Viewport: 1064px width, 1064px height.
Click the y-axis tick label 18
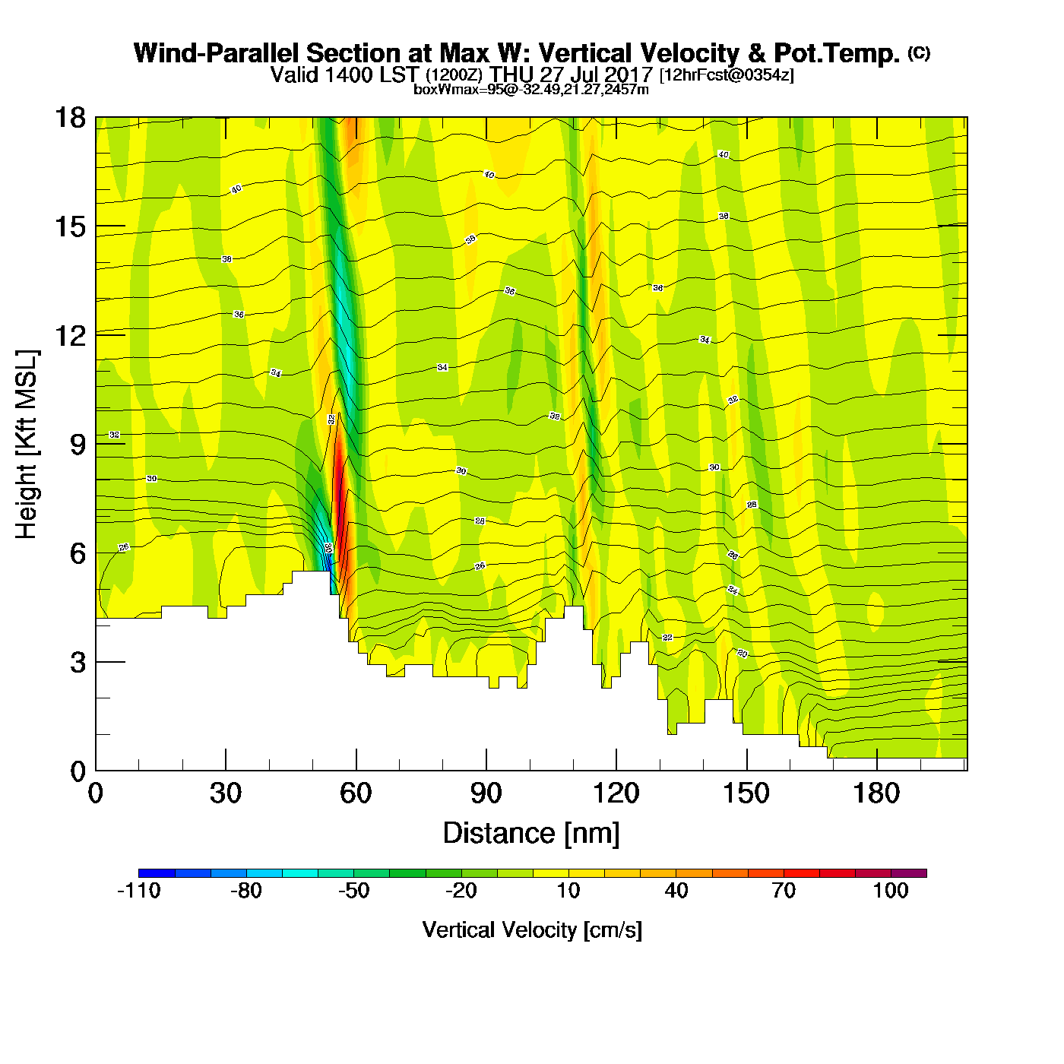(x=70, y=118)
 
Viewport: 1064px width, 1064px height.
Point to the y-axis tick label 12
(x=70, y=335)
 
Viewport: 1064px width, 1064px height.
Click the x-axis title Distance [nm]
(x=531, y=834)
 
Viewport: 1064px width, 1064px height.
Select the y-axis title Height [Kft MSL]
(x=27, y=445)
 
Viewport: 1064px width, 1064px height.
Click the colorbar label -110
(x=139, y=891)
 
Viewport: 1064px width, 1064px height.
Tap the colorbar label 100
(x=891, y=891)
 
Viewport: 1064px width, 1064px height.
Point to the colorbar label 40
(x=676, y=891)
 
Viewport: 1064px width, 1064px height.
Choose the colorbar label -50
(x=353, y=891)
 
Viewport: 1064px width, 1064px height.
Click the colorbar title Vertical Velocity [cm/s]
(x=532, y=929)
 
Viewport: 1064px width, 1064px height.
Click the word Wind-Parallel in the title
(x=217, y=53)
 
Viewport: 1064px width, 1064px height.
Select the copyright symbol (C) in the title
(x=919, y=52)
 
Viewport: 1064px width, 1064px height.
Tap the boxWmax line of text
(x=531, y=90)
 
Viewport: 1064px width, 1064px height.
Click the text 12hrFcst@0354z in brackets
(x=727, y=75)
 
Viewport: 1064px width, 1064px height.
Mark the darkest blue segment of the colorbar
(x=157, y=873)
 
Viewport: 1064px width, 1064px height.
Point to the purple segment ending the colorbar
(x=909, y=873)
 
